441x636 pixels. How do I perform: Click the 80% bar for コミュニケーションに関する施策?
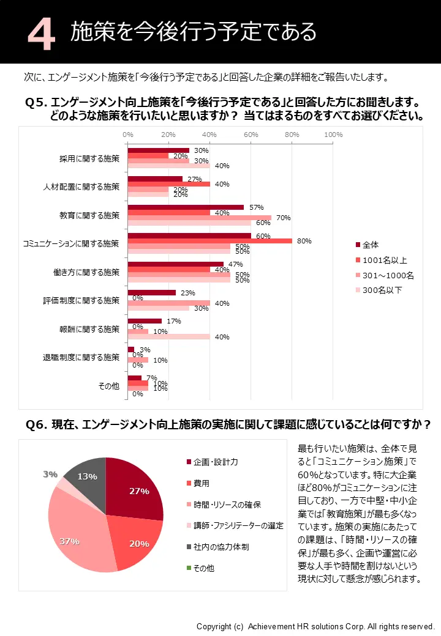point(209,241)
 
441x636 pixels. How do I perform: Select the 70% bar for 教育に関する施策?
point(199,218)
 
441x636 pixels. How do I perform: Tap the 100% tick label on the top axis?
point(333,135)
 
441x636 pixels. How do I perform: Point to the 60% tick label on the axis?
point(251,135)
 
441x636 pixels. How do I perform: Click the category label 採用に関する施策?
point(89,158)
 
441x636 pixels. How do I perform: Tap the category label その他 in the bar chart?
point(109,386)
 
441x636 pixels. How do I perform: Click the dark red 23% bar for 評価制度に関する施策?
point(152,293)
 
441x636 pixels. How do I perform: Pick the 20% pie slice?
point(135,541)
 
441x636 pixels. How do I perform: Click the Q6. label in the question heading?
point(37,424)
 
